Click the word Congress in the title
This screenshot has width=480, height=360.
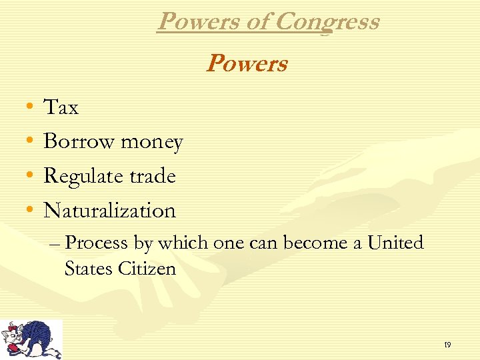(x=327, y=22)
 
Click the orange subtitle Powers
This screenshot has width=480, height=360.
(x=247, y=64)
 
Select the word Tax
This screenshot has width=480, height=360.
(x=61, y=107)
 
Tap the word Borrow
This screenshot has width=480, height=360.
(x=73, y=141)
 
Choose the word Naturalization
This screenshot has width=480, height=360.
(x=109, y=211)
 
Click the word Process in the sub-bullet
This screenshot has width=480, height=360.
(x=97, y=243)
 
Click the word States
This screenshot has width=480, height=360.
(x=89, y=269)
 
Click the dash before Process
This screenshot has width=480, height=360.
(x=55, y=244)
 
